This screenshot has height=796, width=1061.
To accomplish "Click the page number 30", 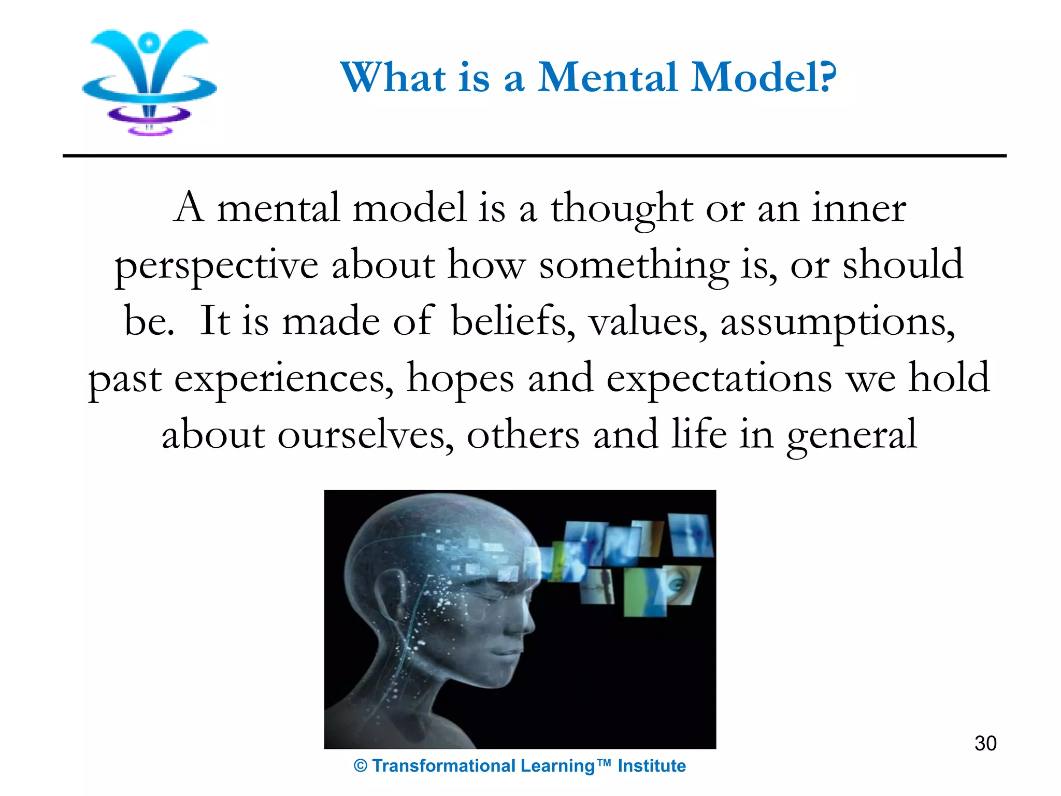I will click(985, 744).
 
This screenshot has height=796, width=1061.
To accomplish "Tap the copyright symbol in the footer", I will click(361, 766).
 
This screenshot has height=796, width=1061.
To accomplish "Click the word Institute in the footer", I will click(651, 766).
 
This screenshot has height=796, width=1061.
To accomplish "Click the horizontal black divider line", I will click(534, 155).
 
